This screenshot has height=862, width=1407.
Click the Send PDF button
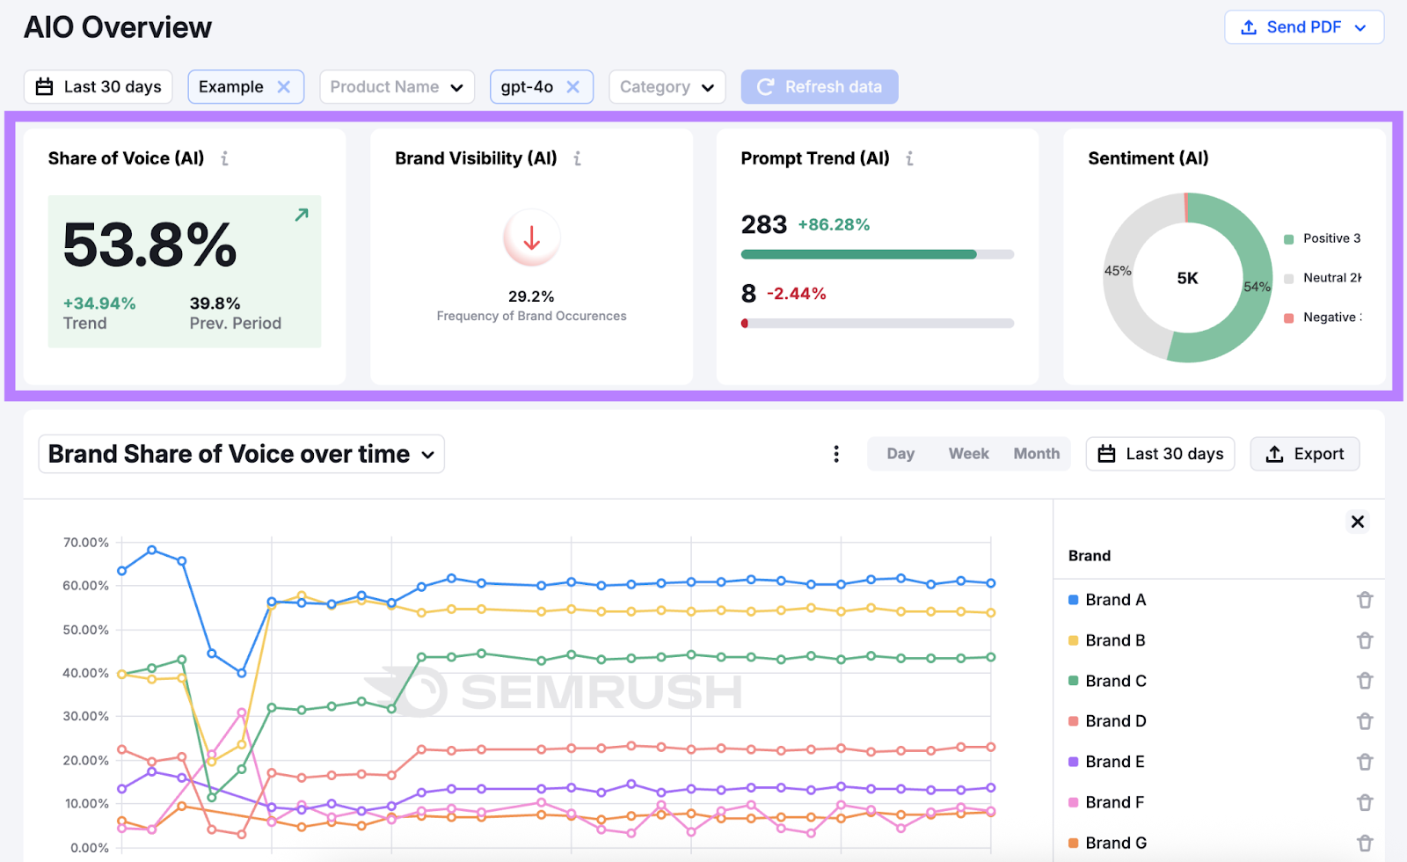point(1303,27)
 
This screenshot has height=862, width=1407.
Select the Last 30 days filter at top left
point(98,87)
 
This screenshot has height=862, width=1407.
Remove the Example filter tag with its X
point(284,87)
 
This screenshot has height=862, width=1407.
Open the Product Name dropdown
point(397,87)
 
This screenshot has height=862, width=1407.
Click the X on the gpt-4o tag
point(573,87)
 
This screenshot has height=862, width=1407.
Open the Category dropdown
point(667,87)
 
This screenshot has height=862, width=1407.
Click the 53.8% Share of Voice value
point(149,245)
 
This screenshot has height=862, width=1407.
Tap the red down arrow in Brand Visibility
point(531,237)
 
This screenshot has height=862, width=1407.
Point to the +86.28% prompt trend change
point(834,224)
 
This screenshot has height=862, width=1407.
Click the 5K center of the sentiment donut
point(1187,278)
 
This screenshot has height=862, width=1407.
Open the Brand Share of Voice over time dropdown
point(241,454)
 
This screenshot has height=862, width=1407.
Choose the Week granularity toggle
point(968,454)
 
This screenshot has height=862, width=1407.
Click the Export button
point(1305,454)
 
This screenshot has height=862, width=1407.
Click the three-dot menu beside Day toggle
point(836,454)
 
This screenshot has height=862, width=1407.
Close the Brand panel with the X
point(1358,522)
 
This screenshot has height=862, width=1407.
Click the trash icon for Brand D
point(1365,721)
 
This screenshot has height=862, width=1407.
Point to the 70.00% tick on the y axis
point(86,543)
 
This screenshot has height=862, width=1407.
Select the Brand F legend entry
point(1114,802)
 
